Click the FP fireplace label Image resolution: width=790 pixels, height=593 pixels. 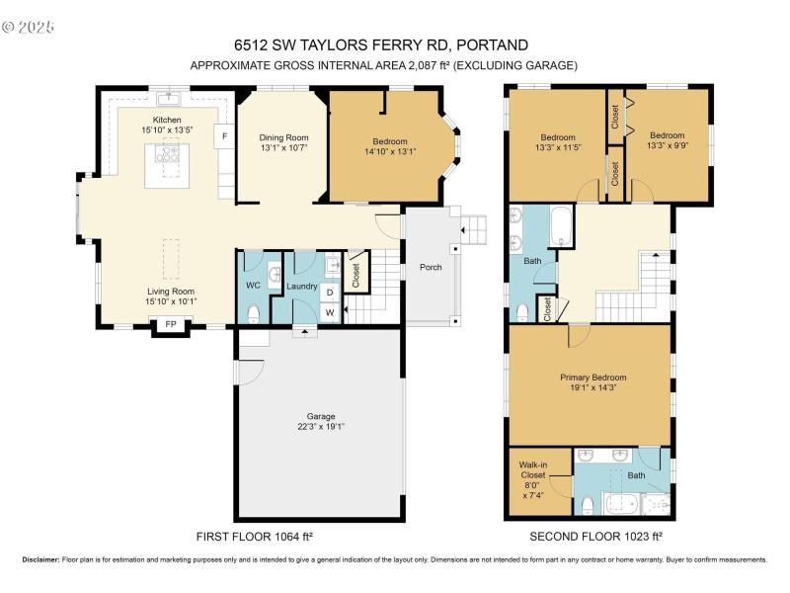click(x=171, y=324)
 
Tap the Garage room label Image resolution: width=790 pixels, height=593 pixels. click(x=319, y=416)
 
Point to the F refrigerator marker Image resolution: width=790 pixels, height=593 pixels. click(x=224, y=135)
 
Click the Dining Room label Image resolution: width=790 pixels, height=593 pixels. click(x=284, y=137)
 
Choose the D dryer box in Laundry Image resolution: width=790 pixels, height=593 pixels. click(x=329, y=293)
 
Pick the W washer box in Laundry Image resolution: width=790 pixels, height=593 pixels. click(x=329, y=312)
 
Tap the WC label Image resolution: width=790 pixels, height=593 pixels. click(x=252, y=287)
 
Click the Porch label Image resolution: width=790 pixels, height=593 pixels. click(x=430, y=267)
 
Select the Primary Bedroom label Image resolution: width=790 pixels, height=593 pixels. click(x=592, y=378)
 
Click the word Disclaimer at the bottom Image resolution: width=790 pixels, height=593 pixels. click(x=40, y=559)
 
